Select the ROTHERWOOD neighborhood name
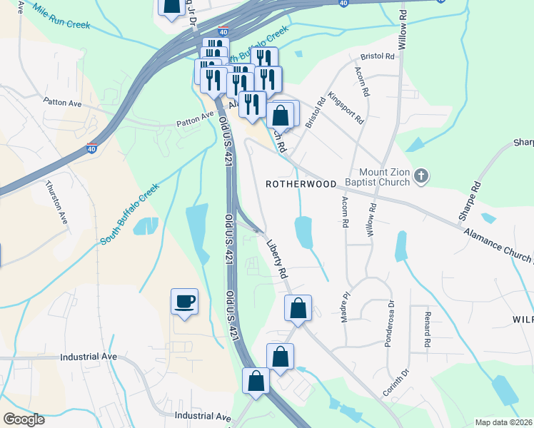[301, 184]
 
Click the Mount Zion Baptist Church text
[374, 176]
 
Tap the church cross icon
[421, 175]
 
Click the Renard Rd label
[426, 330]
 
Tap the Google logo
[24, 419]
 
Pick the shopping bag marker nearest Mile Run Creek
[171, 6]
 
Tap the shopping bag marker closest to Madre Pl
[298, 308]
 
